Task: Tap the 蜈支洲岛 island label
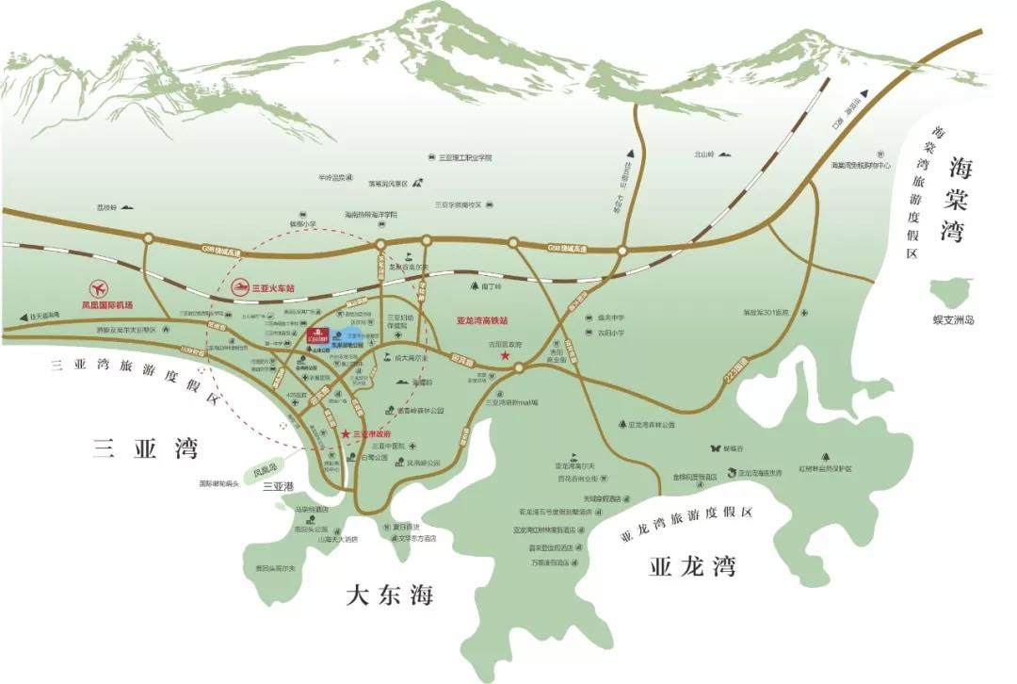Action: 950,320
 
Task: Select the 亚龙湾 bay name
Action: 691,566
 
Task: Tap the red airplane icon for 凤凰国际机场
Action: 98,288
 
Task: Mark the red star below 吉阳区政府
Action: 506,357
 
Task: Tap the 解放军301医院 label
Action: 768,312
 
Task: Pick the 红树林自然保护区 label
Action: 825,468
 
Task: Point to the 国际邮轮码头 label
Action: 219,483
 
